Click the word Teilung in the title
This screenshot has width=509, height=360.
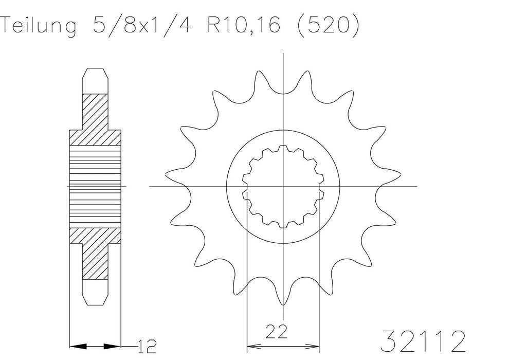[39, 26]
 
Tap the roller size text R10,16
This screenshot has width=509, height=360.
[242, 26]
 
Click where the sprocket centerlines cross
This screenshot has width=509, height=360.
[283, 186]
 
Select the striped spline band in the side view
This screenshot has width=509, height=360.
[96, 186]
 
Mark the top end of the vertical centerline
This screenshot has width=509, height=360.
[283, 53]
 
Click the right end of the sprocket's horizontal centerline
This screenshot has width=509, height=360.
[416, 186]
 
